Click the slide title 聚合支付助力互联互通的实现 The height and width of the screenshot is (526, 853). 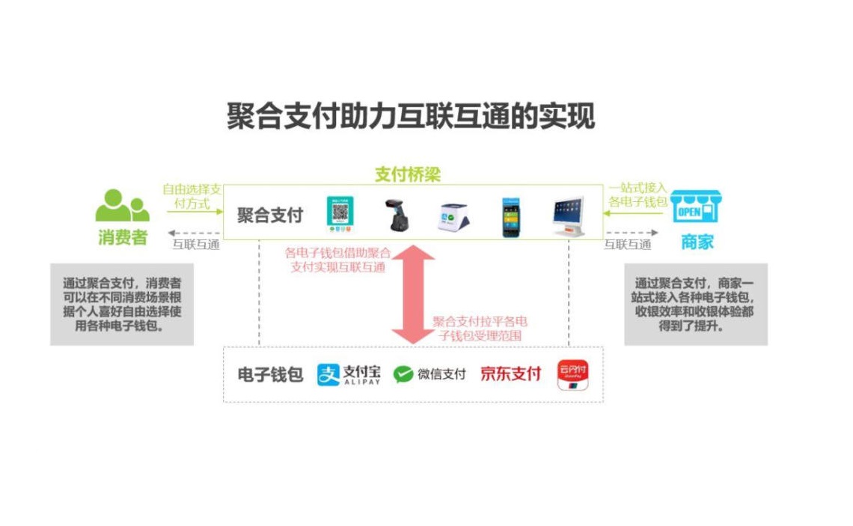click(x=411, y=117)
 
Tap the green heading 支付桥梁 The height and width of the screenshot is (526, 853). click(x=408, y=175)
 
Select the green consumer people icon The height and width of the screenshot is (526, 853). click(x=122, y=206)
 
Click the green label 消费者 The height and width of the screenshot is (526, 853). click(x=123, y=239)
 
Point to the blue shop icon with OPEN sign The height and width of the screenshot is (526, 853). click(x=695, y=207)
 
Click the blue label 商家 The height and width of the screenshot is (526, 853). click(x=697, y=242)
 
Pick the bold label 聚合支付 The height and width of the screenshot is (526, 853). click(x=270, y=215)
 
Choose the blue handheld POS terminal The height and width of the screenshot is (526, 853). click(x=510, y=216)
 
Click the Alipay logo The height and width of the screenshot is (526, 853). click(x=349, y=374)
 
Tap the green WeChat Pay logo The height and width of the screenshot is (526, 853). click(x=429, y=374)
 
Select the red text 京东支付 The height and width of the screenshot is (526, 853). click(x=510, y=374)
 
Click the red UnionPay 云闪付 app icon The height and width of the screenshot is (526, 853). click(x=572, y=375)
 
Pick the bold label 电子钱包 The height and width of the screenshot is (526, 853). click(x=270, y=375)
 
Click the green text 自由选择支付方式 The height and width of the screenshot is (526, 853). click(x=192, y=196)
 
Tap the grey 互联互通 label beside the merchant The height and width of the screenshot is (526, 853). click(x=627, y=244)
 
